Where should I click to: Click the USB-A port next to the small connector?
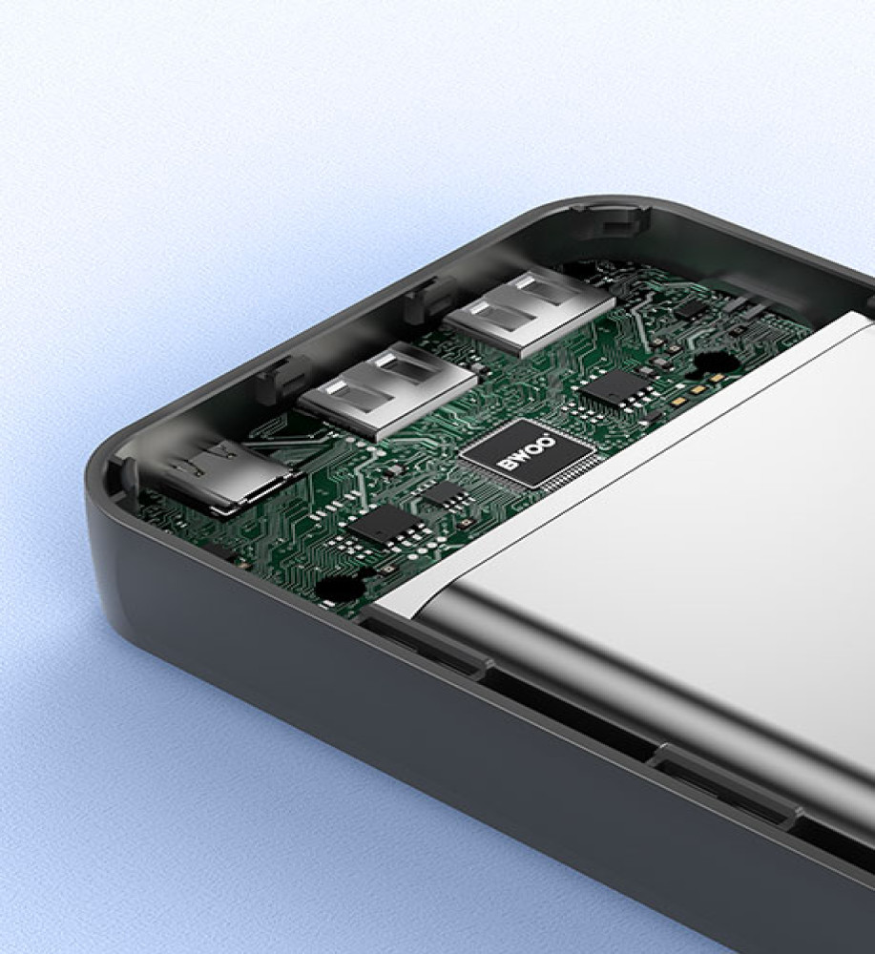387,389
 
